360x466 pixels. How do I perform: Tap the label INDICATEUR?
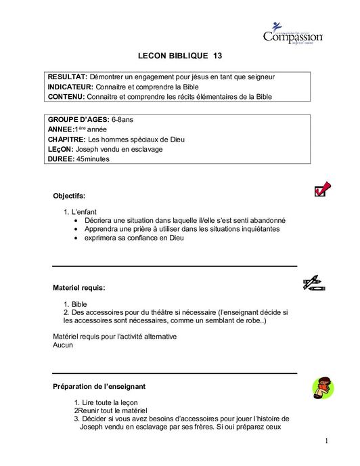(72, 87)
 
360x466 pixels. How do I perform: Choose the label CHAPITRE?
(68, 140)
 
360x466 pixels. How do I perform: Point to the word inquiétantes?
(255, 229)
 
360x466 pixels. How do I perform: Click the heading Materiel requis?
(78, 288)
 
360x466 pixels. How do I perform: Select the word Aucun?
(63, 345)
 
